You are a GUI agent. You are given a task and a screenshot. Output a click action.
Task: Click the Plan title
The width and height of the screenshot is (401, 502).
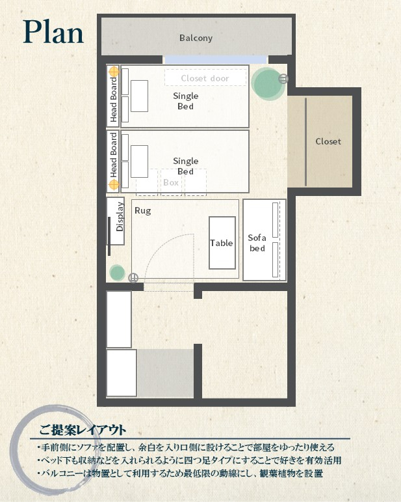click(x=53, y=32)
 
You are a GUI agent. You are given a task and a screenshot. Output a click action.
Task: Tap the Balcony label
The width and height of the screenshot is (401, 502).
click(x=196, y=38)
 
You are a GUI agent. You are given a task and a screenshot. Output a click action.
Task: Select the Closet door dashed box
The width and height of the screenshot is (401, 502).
click(x=205, y=77)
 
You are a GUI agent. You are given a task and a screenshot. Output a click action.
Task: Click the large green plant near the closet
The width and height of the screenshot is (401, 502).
click(x=267, y=84)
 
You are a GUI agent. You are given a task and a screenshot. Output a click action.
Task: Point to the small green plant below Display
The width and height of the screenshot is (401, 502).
click(x=117, y=273)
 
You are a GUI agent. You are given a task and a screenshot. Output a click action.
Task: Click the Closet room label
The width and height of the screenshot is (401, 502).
click(x=328, y=141)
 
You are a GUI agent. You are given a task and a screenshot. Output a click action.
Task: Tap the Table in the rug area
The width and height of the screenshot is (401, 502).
click(x=222, y=243)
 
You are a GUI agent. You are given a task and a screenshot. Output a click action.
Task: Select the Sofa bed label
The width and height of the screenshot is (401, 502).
click(x=257, y=243)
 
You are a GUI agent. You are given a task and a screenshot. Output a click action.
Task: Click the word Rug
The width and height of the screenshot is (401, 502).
click(x=142, y=211)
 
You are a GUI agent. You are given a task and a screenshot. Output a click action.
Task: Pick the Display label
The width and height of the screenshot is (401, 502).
click(x=120, y=217)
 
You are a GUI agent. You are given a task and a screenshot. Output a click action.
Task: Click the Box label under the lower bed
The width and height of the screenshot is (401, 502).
click(x=171, y=182)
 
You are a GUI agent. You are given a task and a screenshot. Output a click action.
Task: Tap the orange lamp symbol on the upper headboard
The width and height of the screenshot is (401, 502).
click(x=114, y=72)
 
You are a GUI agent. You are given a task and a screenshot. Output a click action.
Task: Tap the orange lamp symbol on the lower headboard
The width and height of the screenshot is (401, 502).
click(x=114, y=185)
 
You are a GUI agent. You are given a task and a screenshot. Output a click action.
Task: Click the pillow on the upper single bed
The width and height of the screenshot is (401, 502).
click(x=139, y=96)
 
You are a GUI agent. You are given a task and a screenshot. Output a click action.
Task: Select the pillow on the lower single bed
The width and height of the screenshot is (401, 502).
click(x=139, y=161)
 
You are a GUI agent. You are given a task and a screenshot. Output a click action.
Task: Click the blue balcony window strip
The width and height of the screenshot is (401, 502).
click(x=215, y=59)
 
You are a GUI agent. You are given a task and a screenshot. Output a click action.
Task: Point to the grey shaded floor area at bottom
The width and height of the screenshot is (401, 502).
click(x=166, y=373)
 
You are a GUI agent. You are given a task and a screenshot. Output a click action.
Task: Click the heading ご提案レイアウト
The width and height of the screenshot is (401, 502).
click(x=83, y=430)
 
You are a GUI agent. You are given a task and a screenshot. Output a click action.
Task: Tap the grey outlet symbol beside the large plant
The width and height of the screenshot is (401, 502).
click(x=283, y=78)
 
